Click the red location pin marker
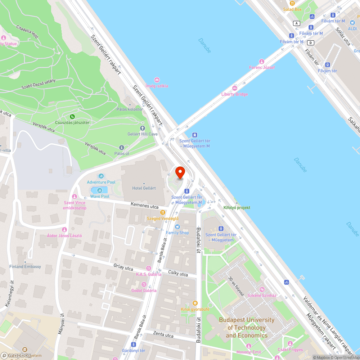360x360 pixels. pos(180,172)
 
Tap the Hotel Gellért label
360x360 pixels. pos(144,188)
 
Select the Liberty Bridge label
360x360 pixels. pos(234,94)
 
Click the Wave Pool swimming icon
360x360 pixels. pos(100,190)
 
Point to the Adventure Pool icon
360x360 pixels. pos(101,176)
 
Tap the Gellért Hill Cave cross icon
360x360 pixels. pos(142,128)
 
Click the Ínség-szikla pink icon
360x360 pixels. pos(157,80)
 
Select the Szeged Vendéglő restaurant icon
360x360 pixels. pos(163,212)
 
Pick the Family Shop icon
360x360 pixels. pos(177,227)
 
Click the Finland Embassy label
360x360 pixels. pos(25,266)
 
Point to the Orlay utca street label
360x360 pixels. pos(123,268)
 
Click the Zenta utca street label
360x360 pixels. pos(163,335)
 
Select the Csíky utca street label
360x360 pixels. pos(178,274)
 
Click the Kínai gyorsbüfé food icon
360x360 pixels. pos(195,303)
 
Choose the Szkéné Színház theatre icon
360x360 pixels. pos(262,289)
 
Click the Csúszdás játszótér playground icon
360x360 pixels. pos(72,116)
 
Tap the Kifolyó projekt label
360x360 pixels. pos(237,208)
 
